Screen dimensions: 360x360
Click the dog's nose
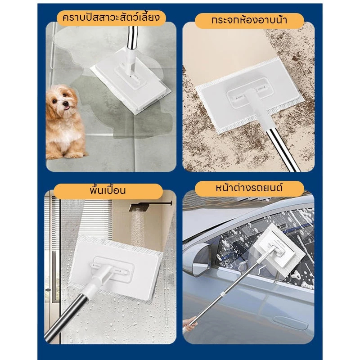[66, 103]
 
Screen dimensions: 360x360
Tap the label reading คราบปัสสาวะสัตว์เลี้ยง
[111, 18]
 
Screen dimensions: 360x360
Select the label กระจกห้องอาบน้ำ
[249, 20]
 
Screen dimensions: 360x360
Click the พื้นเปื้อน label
[108, 191]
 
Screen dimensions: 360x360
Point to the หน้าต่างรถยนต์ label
[249, 188]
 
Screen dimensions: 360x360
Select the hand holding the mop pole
[190, 323]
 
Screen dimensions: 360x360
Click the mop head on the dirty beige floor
[249, 95]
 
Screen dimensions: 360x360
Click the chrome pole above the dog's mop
[132, 37]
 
